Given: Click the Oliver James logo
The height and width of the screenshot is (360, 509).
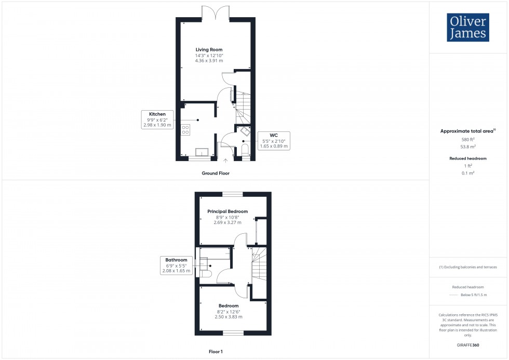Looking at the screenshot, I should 467,28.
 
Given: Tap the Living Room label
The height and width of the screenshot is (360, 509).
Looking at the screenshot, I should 209,50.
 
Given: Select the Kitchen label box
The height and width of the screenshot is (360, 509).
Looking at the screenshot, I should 157,119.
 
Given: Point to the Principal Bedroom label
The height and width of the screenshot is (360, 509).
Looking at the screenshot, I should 227,211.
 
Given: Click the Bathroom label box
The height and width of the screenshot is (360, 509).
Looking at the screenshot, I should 176,265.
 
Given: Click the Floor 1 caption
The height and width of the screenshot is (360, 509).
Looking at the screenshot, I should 216,352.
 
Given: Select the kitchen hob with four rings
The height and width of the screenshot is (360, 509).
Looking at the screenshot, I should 185,130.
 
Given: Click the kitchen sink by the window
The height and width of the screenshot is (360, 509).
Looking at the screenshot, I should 202,152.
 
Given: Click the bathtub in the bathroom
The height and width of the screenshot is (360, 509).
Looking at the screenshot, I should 215,254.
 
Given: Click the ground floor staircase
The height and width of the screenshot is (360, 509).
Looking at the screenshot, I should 243,107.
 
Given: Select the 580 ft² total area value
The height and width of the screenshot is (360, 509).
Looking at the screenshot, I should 468,139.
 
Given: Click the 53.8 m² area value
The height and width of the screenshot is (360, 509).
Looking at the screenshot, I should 468,146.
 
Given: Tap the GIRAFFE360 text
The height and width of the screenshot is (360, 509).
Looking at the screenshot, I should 468,344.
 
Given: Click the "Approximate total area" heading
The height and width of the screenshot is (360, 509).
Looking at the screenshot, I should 466,131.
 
